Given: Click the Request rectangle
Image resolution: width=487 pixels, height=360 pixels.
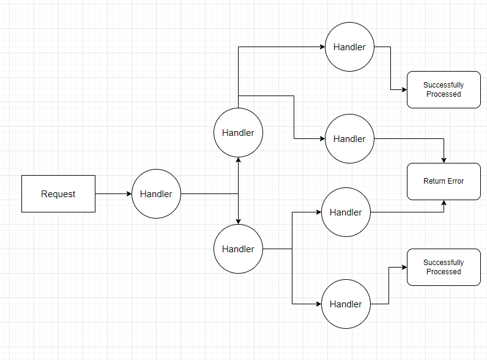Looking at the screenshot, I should click(58, 194).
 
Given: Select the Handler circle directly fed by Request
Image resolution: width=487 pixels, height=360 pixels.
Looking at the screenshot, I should click(156, 194).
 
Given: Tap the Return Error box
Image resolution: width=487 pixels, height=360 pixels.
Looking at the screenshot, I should click(444, 181).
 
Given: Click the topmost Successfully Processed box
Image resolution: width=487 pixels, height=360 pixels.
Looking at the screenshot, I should click(444, 89).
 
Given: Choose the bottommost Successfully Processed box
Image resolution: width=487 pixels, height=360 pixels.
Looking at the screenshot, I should click(444, 267).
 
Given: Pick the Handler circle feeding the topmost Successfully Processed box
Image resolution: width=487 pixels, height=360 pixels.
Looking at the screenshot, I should click(349, 47).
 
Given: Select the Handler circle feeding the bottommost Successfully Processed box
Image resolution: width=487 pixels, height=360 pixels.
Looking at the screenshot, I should click(346, 304).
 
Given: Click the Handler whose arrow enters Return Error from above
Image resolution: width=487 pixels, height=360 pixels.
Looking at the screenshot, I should click(349, 139).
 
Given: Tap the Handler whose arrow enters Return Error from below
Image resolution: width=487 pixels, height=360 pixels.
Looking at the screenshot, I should click(346, 212).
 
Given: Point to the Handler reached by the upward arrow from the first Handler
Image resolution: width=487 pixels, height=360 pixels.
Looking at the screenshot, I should click(238, 133).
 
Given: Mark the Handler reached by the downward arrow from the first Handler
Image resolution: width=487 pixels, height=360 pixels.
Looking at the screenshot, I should click(238, 249).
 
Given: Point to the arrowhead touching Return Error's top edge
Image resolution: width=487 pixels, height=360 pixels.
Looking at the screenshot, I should click(444, 160).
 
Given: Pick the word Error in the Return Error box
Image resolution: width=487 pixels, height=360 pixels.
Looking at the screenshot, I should click(455, 181).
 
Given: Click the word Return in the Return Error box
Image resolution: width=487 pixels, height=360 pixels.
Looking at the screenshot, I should click(434, 181).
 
